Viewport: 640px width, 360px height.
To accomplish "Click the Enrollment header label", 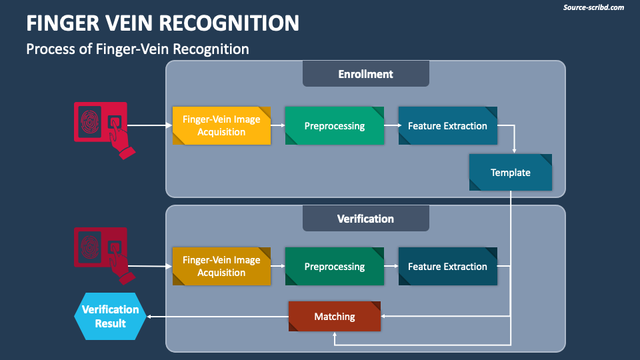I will point(365,74).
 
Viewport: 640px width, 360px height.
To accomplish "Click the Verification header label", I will point(365,219).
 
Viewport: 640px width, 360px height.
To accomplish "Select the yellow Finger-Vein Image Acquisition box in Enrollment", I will point(221,126).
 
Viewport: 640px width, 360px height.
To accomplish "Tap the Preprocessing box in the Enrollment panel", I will point(335,126).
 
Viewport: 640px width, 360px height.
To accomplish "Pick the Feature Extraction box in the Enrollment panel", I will point(447,126).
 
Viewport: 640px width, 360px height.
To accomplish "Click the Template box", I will point(511,173).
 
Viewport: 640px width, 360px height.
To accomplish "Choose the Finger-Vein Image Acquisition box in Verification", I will point(221,267).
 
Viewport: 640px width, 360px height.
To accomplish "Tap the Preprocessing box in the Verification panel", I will point(335,267).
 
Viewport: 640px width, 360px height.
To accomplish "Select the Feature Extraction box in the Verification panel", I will point(447,267).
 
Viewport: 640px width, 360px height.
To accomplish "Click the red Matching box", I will point(335,317).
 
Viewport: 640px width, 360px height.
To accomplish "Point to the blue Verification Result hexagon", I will point(110,317).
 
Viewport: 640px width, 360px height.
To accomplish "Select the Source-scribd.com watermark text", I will point(593,7).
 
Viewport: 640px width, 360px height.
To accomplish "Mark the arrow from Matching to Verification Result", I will point(217,317).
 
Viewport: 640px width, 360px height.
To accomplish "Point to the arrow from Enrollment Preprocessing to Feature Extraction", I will point(391,125).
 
